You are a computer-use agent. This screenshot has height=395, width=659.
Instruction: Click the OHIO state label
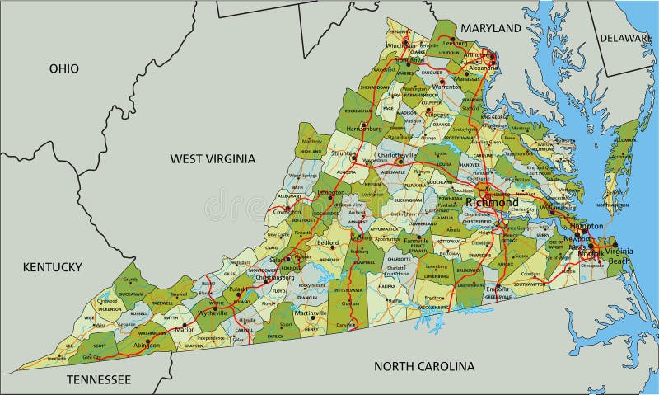(63, 68)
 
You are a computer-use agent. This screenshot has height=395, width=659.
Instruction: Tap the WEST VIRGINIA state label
(213, 158)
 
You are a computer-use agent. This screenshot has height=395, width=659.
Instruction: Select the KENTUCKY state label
(52, 266)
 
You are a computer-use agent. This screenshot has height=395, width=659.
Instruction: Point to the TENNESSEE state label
(98, 379)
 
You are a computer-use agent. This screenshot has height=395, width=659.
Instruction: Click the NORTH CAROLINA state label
(424, 366)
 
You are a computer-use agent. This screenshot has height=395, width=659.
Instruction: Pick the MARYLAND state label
(491, 28)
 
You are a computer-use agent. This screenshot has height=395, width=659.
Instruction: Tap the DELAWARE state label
(625, 38)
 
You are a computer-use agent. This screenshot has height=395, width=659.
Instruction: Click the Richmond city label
(492, 202)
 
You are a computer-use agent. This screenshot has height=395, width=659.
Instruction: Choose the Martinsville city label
(311, 313)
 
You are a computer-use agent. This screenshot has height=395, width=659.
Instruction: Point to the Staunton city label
(344, 154)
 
